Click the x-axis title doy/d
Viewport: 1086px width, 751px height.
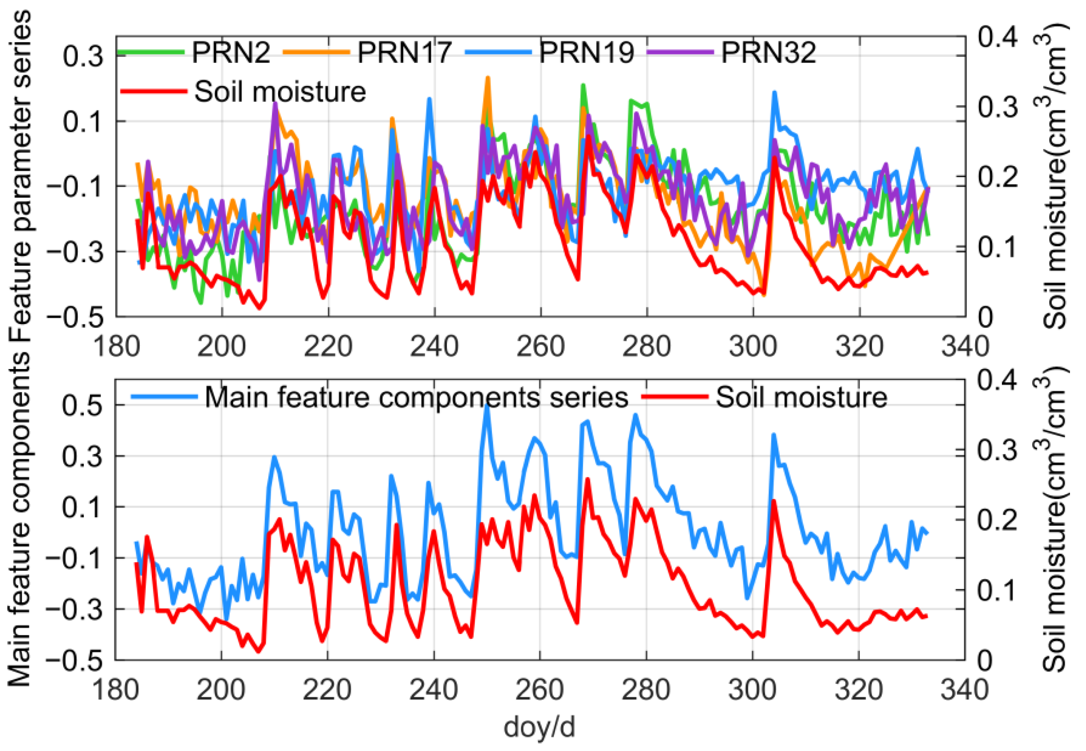tap(539, 727)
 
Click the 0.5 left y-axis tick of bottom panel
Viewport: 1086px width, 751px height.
tap(82, 405)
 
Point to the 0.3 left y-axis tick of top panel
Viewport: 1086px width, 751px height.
tap(83, 57)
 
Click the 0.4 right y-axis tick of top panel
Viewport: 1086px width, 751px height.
tap(997, 36)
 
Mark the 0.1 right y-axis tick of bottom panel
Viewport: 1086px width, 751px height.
tap(997, 589)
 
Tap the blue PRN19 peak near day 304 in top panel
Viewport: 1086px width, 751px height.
tap(774, 93)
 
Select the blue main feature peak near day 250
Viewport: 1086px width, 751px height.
tap(486, 406)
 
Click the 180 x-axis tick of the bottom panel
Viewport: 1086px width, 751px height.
tap(115, 690)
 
